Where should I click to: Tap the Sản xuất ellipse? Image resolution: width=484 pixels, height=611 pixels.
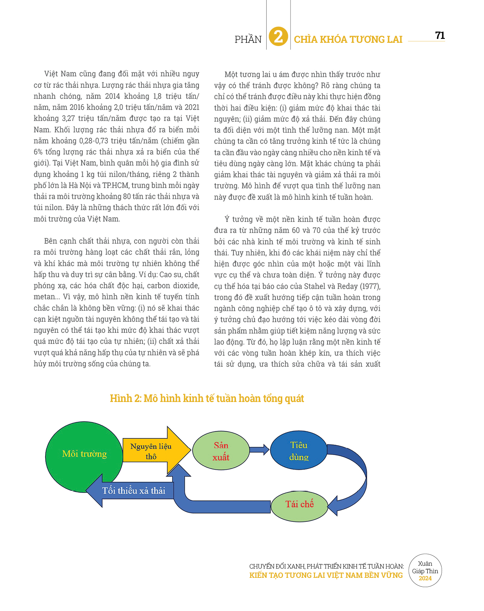point(221,451)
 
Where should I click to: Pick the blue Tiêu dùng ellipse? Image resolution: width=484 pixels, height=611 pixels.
point(299,451)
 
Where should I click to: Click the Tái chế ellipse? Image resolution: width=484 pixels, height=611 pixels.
point(299,504)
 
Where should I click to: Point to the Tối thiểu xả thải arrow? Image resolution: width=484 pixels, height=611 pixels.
point(132,491)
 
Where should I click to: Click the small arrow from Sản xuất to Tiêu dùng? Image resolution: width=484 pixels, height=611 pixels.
point(259,449)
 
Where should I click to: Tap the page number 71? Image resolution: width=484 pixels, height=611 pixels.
point(440,35)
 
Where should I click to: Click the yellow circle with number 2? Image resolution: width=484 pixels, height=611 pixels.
point(278,36)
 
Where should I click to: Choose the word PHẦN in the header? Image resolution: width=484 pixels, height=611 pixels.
point(248,39)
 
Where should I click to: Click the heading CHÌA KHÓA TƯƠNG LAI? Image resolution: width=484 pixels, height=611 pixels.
point(348,39)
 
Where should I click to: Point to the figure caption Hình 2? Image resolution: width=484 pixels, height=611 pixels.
point(207,398)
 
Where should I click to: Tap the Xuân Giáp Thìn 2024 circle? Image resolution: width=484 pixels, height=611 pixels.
point(425,571)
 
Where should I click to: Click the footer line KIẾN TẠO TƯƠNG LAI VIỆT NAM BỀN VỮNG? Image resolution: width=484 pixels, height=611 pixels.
point(326,575)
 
